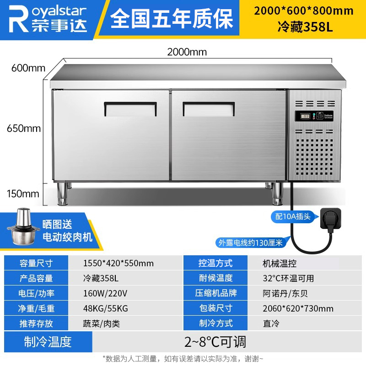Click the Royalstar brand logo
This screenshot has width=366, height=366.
pyautogui.click(x=48, y=19)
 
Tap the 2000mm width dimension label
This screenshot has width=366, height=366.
pyautogui.click(x=187, y=52)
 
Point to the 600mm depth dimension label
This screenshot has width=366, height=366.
pyautogui.click(x=28, y=68)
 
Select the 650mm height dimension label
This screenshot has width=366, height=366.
pyautogui.click(x=24, y=129)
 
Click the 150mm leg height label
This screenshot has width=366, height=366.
pyautogui.click(x=23, y=194)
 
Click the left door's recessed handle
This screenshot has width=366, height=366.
pyautogui.click(x=130, y=109)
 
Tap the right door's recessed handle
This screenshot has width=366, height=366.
pyautogui.click(x=209, y=109)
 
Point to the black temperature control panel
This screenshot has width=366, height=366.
pyautogui.click(x=314, y=116)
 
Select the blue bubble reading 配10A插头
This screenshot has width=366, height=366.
pyautogui.click(x=293, y=216)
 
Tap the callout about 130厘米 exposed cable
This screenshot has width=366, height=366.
pyautogui.click(x=251, y=243)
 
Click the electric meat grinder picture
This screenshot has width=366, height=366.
pyautogui.click(x=22, y=226)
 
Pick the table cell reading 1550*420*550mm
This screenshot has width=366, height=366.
pyautogui.click(x=118, y=263)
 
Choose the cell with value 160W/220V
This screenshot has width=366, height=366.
pyautogui.click(x=105, y=293)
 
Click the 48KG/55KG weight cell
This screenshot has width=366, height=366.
pyautogui.click(x=106, y=308)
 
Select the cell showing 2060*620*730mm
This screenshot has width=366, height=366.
pyautogui.click(x=298, y=308)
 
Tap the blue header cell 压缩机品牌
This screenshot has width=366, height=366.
pyautogui.click(x=215, y=293)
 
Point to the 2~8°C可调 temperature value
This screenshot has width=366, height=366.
pyautogui.click(x=215, y=342)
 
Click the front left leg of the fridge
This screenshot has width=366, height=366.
pyautogui.click(x=63, y=194)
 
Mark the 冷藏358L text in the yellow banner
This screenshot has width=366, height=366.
pyautogui.click(x=305, y=27)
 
